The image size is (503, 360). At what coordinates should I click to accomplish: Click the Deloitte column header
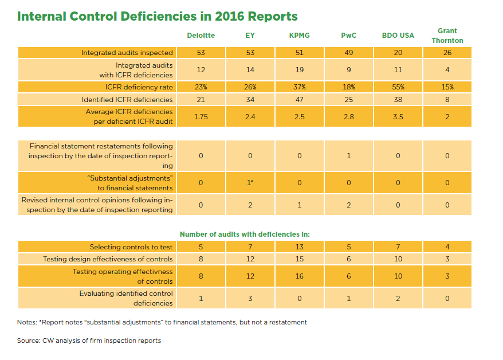click(201, 36)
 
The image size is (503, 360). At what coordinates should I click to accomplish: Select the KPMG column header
click(300, 36)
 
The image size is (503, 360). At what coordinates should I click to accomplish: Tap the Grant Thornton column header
click(447, 36)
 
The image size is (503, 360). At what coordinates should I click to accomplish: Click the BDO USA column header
click(398, 36)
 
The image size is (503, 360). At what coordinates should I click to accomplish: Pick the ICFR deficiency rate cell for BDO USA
click(398, 87)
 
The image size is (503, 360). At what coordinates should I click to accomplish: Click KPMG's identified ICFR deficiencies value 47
click(300, 100)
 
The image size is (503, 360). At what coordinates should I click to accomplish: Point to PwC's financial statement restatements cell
click(348, 155)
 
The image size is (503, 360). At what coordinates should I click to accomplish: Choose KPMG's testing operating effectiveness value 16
click(300, 276)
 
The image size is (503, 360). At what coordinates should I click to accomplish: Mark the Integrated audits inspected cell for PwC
click(348, 53)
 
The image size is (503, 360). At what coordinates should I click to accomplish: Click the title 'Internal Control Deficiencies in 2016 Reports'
click(158, 15)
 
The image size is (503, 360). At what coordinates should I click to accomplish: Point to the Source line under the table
click(89, 341)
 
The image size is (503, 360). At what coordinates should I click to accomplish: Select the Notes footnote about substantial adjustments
click(162, 322)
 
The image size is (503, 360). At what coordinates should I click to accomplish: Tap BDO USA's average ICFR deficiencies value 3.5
click(398, 116)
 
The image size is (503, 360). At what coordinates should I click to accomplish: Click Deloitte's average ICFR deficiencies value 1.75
click(201, 116)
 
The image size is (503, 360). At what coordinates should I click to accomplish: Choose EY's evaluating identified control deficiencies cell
click(250, 298)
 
